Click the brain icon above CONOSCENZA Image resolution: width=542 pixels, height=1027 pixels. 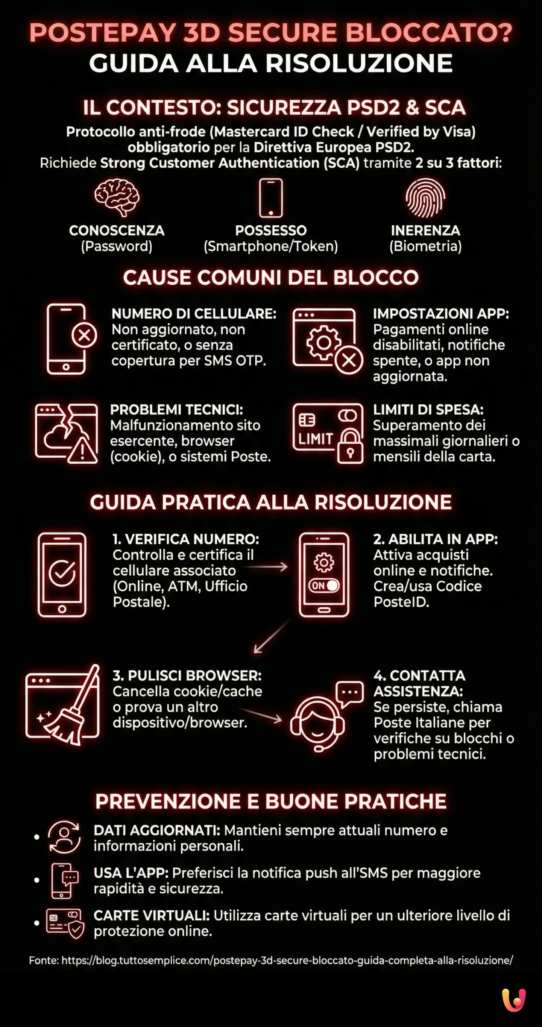pos(117,197)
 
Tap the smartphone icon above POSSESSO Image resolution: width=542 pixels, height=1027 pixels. pos(271,198)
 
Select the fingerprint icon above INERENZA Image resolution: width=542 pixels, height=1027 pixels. pos(425,197)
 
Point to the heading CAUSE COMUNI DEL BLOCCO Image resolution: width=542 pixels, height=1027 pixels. pos(271,278)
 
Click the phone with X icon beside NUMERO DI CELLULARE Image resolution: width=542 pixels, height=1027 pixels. pos(70,339)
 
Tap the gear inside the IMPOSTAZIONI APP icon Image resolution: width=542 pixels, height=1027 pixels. pos(323,342)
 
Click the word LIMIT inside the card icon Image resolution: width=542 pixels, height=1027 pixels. pos(315,439)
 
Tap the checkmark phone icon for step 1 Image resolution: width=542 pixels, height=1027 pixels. pos(62,574)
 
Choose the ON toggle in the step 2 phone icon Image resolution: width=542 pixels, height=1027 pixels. pos(324,586)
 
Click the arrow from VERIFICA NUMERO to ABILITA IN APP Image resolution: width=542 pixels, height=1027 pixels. pos(267,567)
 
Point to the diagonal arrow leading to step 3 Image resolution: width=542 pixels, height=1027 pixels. pos(271,637)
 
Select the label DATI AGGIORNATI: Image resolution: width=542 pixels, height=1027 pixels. pos(157,830)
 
